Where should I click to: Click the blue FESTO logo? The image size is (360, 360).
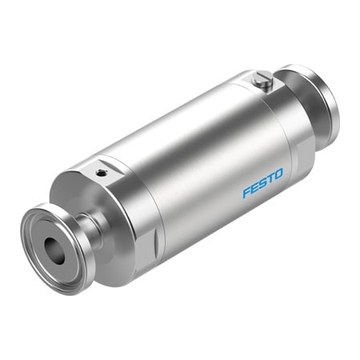(x=266, y=188)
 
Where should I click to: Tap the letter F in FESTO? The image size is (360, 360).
(x=247, y=194)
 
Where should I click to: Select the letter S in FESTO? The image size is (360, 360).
(x=266, y=188)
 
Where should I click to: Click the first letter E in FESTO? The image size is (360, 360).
(x=256, y=191)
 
